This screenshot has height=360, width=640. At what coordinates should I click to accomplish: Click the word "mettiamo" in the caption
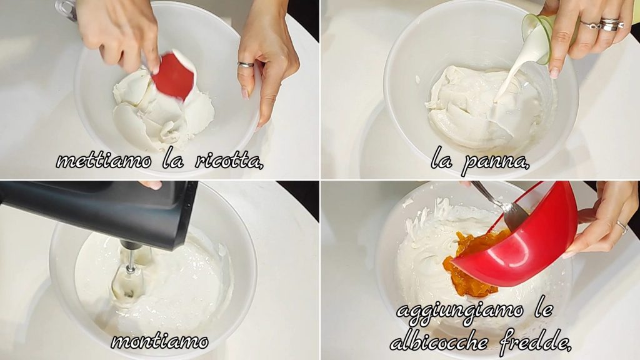pyautogui.click(x=103, y=161)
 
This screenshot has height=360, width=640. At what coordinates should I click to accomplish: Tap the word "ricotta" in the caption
pyautogui.click(x=229, y=161)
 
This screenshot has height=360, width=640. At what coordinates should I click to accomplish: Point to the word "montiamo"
pyautogui.click(x=159, y=341)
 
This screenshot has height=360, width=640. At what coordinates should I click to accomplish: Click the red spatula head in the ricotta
pyautogui.click(x=174, y=76)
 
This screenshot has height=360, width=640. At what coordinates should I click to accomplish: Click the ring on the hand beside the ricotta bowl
pyautogui.click(x=246, y=64)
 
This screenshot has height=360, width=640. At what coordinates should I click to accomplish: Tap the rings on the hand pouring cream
pyautogui.click(x=603, y=25)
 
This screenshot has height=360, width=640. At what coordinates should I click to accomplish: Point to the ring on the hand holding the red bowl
pyautogui.click(x=622, y=227)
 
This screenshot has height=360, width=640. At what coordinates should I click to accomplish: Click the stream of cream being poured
pyautogui.click(x=507, y=77)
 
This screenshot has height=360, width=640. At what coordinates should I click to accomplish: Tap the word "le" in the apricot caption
pyautogui.click(x=543, y=310)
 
